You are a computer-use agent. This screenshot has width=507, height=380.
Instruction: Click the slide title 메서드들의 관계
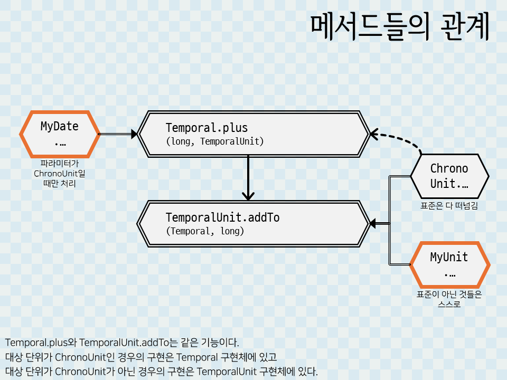(x=399, y=27)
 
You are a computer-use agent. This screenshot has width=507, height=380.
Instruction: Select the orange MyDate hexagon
(x=60, y=134)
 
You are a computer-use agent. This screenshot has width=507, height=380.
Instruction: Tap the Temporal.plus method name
(x=206, y=128)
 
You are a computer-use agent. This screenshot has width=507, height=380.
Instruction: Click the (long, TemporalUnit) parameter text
(x=214, y=141)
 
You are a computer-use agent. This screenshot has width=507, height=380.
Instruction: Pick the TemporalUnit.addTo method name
(x=222, y=217)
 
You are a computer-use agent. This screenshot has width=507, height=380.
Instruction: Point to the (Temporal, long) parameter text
(x=205, y=231)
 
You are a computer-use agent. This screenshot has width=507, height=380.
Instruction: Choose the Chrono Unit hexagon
(x=449, y=176)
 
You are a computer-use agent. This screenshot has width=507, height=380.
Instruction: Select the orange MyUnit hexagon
(x=449, y=265)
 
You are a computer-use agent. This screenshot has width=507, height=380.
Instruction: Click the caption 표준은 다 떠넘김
(x=449, y=206)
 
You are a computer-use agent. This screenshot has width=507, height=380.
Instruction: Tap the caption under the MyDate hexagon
(x=59, y=174)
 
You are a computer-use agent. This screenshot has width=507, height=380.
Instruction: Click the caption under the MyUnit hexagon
(x=449, y=299)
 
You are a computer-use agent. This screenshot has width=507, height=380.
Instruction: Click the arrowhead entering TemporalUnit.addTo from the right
(x=373, y=224)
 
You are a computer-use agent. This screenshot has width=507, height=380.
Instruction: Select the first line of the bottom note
(x=122, y=342)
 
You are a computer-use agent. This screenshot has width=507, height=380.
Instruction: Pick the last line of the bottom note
(x=162, y=372)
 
